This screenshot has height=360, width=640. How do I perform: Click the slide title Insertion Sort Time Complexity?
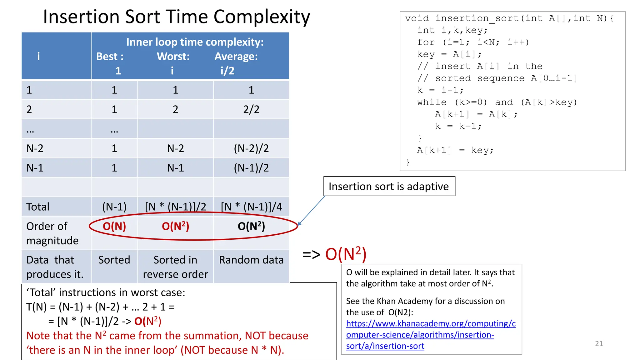point(177,17)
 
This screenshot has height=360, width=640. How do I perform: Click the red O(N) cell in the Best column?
point(114,226)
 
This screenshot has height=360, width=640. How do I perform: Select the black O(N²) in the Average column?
point(251,226)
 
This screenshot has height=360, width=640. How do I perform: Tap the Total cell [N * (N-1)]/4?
point(251,207)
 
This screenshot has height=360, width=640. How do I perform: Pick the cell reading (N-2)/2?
point(251,148)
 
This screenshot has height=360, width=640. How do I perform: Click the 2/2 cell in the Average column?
point(251,109)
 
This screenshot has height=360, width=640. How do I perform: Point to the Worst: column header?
point(173,57)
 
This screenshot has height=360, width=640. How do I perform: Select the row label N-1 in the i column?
point(35,168)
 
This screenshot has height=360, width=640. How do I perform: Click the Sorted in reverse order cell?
point(175,267)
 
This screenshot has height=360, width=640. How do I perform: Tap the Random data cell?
point(251,260)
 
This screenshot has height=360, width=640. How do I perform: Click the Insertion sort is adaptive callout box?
point(389,187)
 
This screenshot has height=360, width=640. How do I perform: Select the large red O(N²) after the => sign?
point(346,254)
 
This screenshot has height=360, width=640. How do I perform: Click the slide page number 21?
point(599,343)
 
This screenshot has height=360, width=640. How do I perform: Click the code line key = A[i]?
point(449,54)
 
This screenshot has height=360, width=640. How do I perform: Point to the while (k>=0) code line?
point(497,102)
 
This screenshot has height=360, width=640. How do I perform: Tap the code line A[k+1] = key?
point(455,150)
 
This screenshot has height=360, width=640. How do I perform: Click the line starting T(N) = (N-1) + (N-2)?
point(100,307)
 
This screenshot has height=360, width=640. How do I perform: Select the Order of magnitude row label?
point(52,233)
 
